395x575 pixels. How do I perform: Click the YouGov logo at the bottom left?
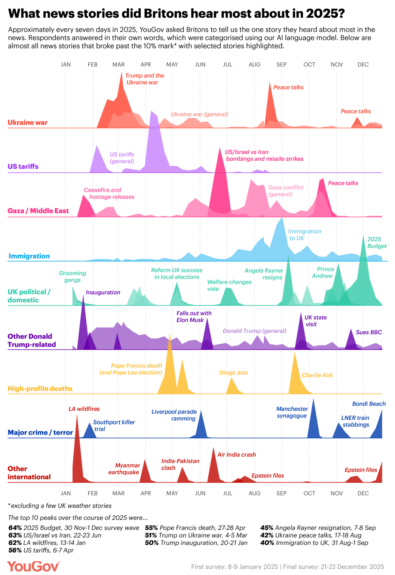pos(33,566)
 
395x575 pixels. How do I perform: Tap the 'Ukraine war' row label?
pos(28,122)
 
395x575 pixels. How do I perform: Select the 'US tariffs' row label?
pos(23,166)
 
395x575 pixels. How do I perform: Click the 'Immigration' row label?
pos(29,256)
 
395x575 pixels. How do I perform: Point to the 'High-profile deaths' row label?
pos(40,389)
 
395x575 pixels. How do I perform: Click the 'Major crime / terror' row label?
pos(40,432)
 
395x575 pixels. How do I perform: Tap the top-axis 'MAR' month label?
pos(119,64)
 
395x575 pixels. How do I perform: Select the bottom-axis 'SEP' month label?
pos(281,493)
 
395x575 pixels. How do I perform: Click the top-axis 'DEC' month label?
pos(363,64)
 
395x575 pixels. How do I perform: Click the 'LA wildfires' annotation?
pos(84,409)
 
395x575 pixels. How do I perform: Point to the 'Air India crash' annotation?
pos(237,454)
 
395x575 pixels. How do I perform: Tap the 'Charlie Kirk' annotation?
pos(317,375)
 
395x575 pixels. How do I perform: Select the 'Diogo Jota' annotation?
pos(233,372)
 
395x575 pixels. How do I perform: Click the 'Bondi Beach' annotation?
pos(369,404)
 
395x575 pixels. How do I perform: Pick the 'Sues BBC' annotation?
pos(369,332)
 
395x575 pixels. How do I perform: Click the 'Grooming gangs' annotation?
pos(73,277)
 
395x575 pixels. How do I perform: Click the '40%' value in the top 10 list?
pos(267,543)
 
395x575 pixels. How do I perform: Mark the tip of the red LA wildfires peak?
pos(77,414)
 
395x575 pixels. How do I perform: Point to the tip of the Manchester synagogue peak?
pos(313,399)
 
